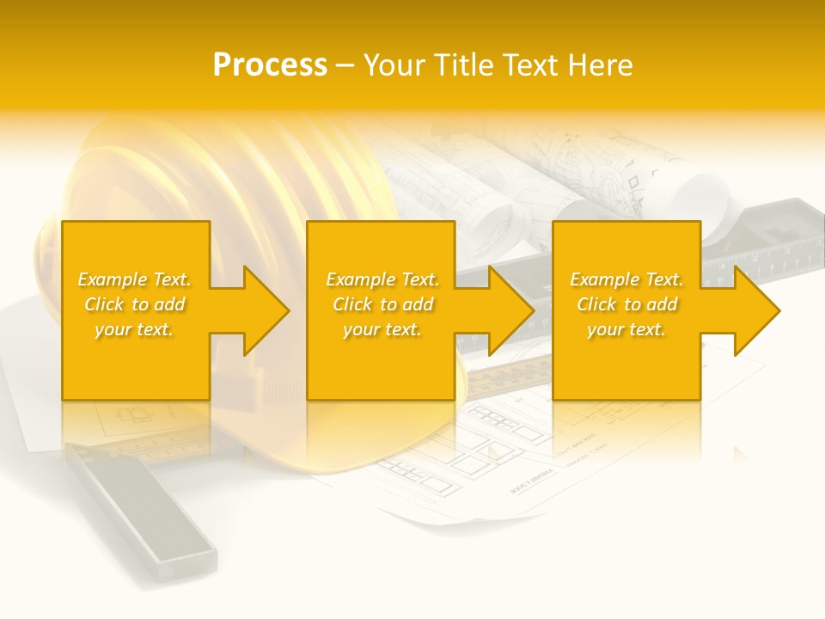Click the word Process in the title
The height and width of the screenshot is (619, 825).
pyautogui.click(x=270, y=65)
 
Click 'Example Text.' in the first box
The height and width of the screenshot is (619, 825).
pyautogui.click(x=135, y=279)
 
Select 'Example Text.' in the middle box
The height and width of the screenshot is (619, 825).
pyautogui.click(x=382, y=279)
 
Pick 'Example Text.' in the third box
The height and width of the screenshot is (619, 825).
pyautogui.click(x=626, y=279)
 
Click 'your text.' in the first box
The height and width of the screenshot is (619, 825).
pyautogui.click(x=134, y=329)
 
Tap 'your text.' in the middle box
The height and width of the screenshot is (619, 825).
pyautogui.click(x=382, y=329)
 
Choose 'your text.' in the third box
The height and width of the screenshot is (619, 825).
pyautogui.click(x=626, y=329)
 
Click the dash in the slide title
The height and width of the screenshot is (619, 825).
pyautogui.click(x=345, y=66)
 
